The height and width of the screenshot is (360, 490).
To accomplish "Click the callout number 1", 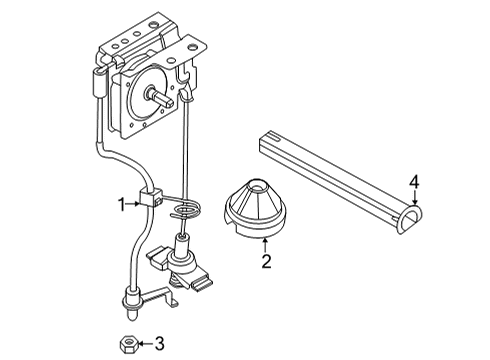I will (121, 204).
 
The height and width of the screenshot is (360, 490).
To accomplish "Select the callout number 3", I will (159, 344).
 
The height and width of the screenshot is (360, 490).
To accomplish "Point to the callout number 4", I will (413, 182).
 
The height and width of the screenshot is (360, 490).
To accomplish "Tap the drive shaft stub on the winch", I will (161, 96).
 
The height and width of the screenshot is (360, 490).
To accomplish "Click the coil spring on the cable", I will (187, 209).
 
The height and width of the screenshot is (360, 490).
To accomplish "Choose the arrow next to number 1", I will (135, 204).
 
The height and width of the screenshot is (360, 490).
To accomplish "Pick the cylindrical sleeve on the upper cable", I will (99, 86).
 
